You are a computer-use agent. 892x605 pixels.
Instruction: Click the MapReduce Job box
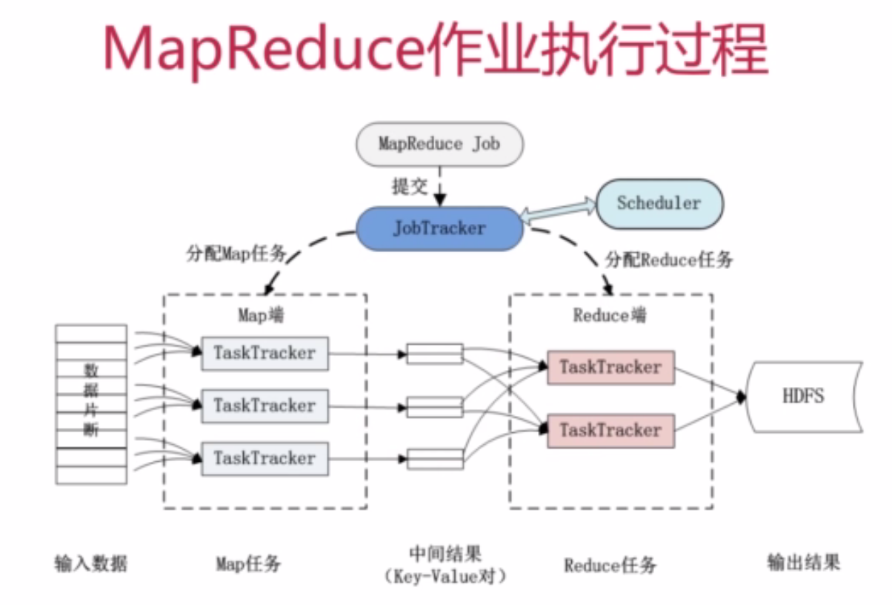[439, 144]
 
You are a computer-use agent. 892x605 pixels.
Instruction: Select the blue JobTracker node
[439, 228]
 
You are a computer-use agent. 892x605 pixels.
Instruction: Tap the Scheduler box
[659, 203]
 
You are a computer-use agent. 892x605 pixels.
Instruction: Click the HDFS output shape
[804, 397]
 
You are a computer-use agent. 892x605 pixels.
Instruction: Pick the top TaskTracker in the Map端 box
[264, 353]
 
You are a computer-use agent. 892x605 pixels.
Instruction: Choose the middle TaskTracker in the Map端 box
[264, 406]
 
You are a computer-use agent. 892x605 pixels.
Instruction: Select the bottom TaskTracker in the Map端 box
[264, 458]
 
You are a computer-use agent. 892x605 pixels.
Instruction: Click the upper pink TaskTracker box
[610, 367]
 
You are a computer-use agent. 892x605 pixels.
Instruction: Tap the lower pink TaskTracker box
[610, 430]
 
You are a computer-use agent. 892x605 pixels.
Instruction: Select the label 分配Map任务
[236, 254]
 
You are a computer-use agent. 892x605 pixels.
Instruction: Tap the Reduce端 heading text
[610, 315]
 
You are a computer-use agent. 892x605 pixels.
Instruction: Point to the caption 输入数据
[90, 563]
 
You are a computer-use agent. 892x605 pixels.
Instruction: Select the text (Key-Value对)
[446, 576]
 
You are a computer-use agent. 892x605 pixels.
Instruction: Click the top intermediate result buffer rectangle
[435, 354]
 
